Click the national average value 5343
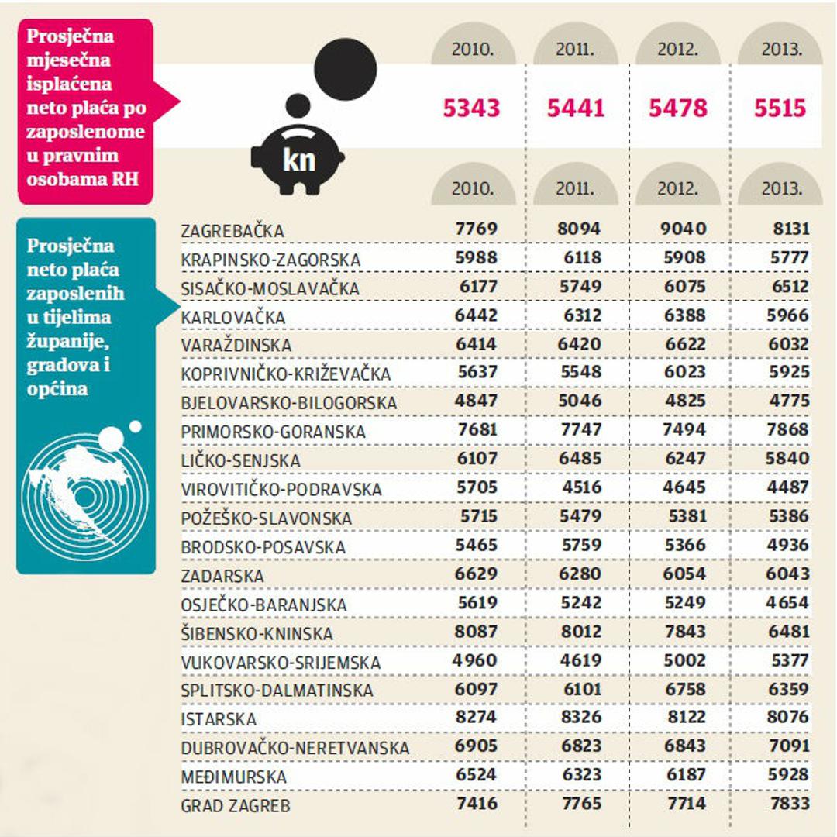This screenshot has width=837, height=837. pos(471,107)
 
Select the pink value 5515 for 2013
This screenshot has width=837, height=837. pos(780,107)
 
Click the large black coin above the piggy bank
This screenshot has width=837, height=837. pos(346,71)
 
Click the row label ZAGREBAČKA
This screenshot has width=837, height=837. pos(232,231)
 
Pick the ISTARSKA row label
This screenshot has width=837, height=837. pos(219,719)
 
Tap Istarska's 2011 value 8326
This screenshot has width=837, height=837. pos(580,717)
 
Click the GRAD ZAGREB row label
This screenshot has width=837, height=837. pos(236,806)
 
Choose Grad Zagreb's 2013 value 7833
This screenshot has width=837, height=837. pos(789,804)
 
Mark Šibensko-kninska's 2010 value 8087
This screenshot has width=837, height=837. pos(476,631)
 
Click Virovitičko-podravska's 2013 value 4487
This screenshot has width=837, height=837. pos(789,487)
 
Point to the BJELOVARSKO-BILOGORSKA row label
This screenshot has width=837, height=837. pos(288,403)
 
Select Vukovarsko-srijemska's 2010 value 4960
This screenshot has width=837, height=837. pos(474,660)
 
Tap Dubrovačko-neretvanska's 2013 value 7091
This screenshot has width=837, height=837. pos(789,746)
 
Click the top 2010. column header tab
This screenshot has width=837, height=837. pos(473,50)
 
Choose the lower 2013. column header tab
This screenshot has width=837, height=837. pos(780,188)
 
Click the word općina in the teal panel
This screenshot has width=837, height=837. pos(57,388)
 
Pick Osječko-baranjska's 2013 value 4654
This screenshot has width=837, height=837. pos(789,602)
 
